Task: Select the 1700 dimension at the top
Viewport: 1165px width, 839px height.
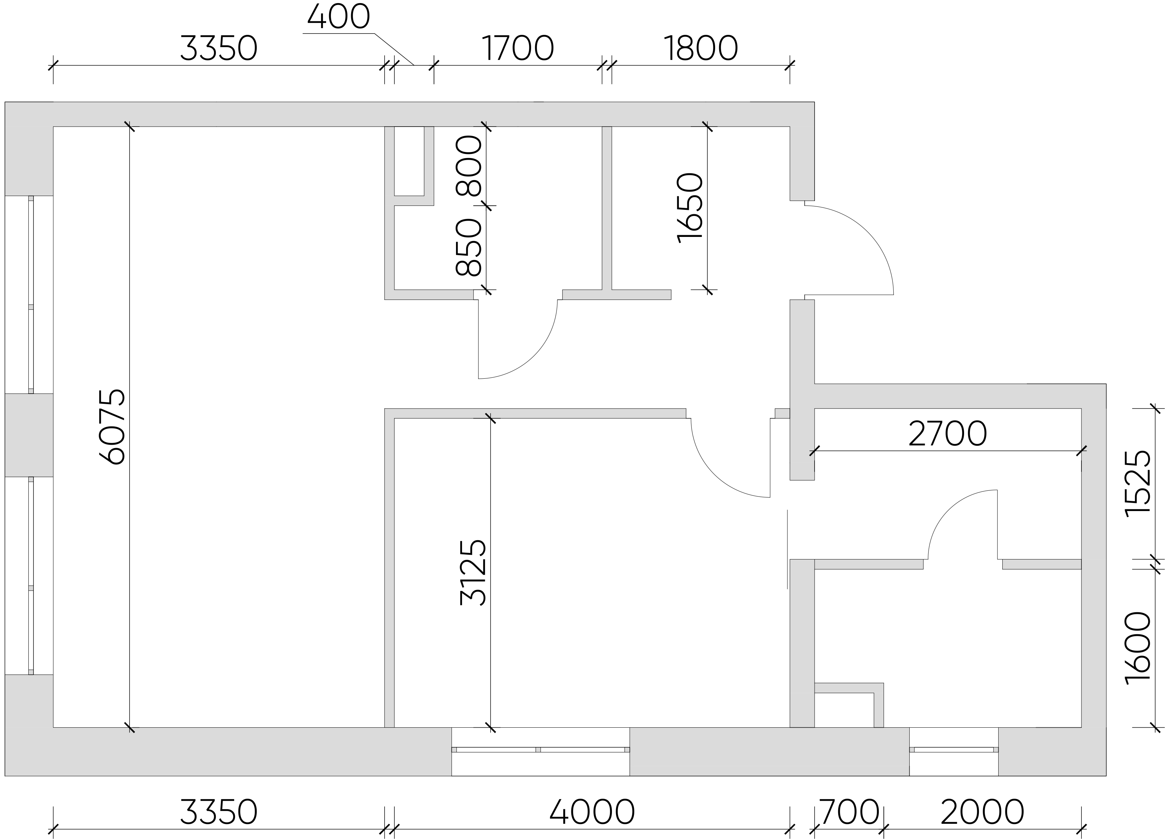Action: [518, 49]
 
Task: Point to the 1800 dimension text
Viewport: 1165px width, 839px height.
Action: [701, 49]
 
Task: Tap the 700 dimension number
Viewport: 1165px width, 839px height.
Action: [849, 812]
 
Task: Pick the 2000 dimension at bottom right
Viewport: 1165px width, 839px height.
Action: [982, 812]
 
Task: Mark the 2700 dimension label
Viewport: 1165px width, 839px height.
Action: [948, 434]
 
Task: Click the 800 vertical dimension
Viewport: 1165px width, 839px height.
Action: [469, 165]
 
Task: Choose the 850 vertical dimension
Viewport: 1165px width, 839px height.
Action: [469, 248]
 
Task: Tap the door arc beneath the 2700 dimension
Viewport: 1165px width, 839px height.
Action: [950, 509]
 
